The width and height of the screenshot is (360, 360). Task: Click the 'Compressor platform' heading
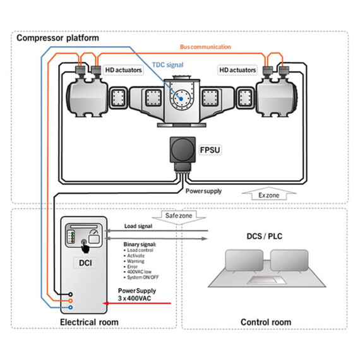point(57,38)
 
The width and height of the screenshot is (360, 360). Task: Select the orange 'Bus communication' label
point(205,47)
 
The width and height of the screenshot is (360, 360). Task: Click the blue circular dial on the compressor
point(183,98)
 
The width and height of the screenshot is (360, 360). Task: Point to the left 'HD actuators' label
point(124,70)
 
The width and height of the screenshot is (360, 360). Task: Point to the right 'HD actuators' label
point(238,70)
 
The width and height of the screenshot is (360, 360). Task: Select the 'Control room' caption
point(266,322)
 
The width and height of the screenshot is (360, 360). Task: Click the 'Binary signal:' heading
point(140,243)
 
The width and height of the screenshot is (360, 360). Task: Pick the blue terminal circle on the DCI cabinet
point(70,308)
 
